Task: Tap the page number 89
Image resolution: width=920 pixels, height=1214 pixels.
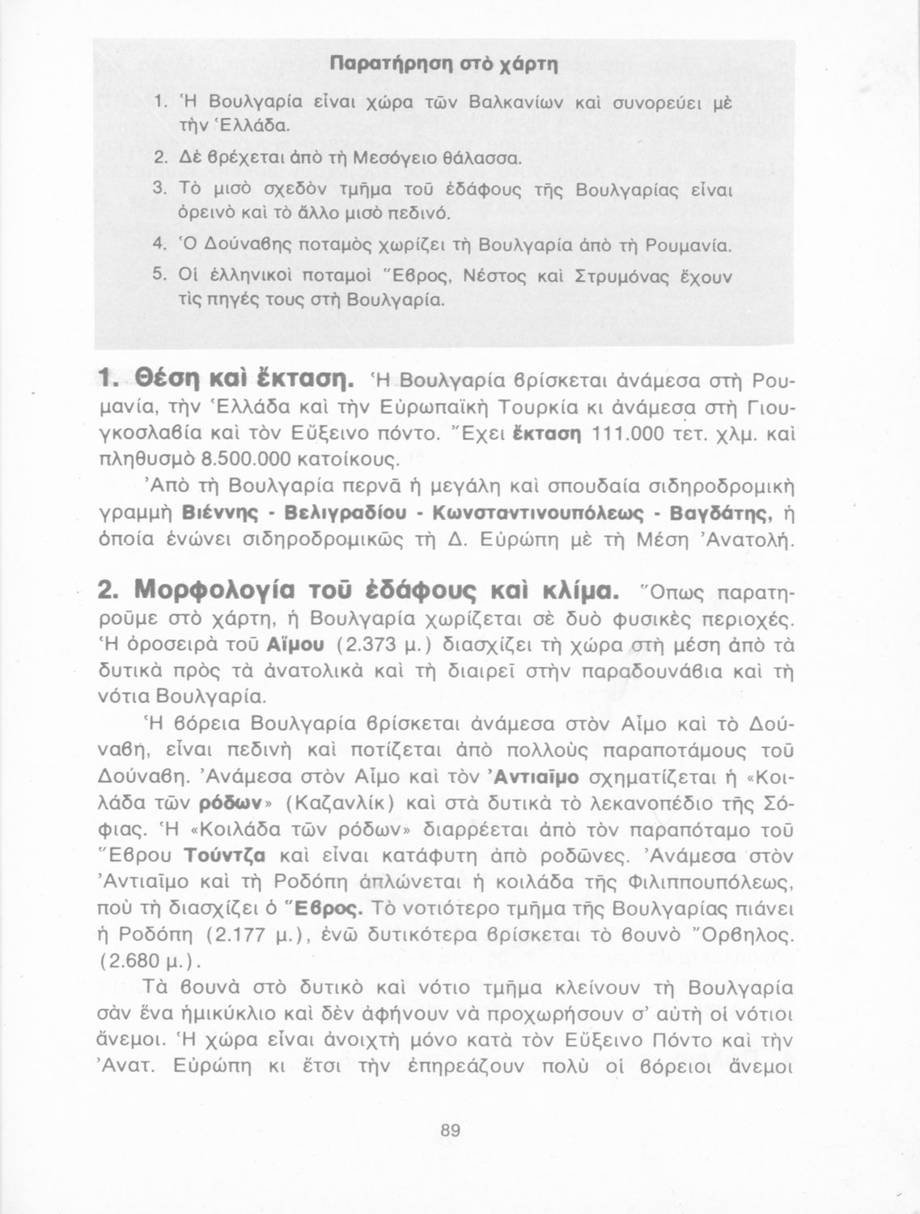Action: coord(451,1131)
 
